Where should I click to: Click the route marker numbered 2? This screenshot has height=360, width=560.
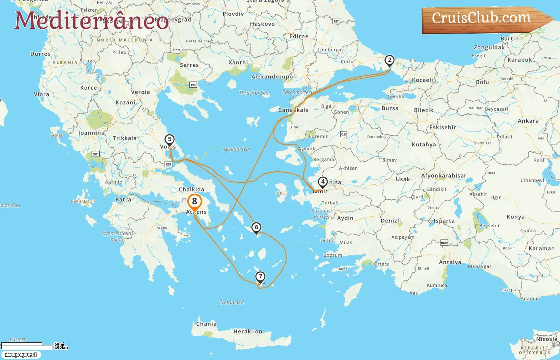pyautogui.click(x=389, y=61)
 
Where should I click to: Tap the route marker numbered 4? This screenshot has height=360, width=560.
pyautogui.click(x=322, y=182)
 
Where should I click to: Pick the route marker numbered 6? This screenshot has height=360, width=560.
pyautogui.click(x=256, y=228)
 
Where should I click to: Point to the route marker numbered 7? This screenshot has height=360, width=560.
pyautogui.click(x=260, y=277)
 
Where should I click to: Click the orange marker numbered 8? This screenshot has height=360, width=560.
pyautogui.click(x=194, y=202)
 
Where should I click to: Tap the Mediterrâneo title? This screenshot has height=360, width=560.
pyautogui.click(x=92, y=20)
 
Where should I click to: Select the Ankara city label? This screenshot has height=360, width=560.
pyautogui.click(x=528, y=121)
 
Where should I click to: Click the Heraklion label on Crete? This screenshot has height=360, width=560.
pyautogui.click(x=248, y=331)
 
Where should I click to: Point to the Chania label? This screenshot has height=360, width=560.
pyautogui.click(x=206, y=324)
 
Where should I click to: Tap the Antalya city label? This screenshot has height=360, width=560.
pyautogui.click(x=450, y=262)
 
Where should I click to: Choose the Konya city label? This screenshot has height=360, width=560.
pyautogui.click(x=515, y=217)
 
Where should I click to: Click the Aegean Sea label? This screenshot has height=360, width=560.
pyautogui.click(x=236, y=149)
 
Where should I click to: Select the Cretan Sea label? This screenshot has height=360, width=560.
pyautogui.click(x=231, y=302)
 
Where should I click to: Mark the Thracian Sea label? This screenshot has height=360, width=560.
pyautogui.click(x=254, y=93)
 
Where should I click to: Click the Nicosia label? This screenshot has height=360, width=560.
pyautogui.click(x=546, y=339)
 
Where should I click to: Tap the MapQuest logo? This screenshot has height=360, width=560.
pyautogui.click(x=21, y=355)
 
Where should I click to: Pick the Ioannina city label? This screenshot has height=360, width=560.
pyautogui.click(x=91, y=133)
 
